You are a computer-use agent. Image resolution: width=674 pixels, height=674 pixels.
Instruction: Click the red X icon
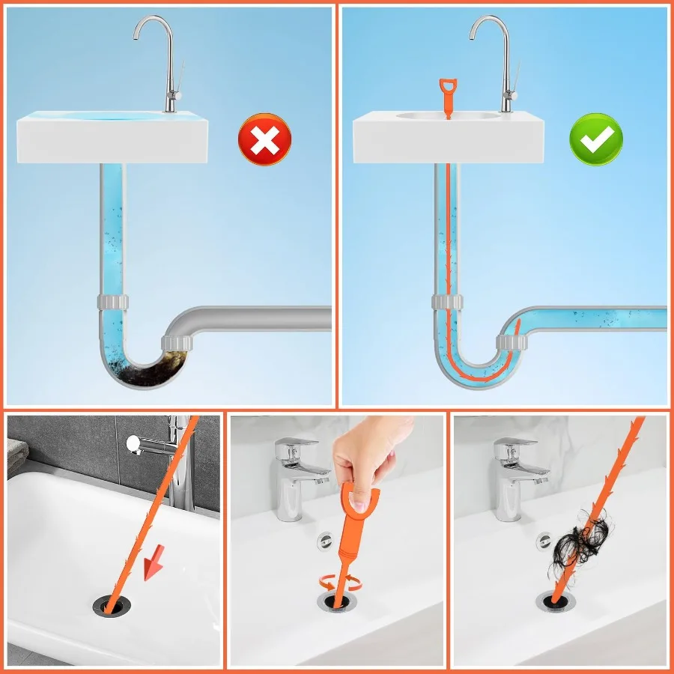[x=264, y=139]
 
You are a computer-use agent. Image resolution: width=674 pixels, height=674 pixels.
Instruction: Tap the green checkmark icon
[x=596, y=139]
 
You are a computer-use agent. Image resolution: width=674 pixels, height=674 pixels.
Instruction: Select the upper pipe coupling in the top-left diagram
[x=112, y=302]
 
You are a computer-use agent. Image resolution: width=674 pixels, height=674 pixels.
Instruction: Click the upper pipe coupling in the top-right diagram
[x=448, y=302]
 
